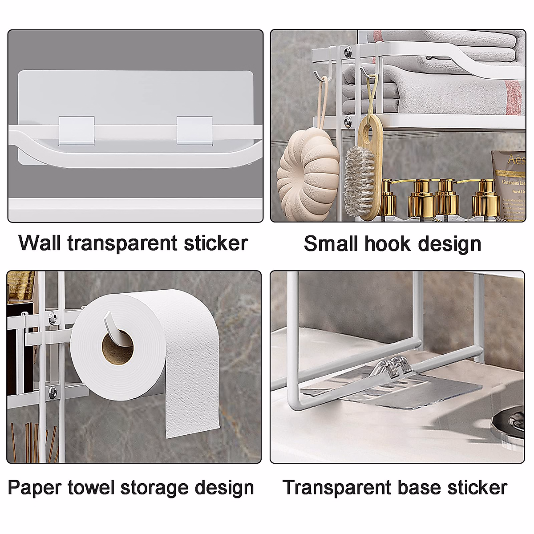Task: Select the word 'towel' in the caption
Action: (x=91, y=488)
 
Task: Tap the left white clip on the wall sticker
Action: (x=77, y=129)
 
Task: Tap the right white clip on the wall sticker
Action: (x=194, y=129)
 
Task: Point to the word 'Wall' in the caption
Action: (x=40, y=243)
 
